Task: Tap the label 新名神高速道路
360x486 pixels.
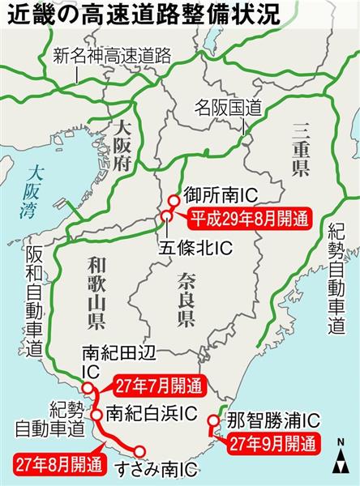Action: point(111,56)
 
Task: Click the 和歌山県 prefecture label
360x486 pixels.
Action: point(96,296)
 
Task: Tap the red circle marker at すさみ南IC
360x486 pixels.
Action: point(140,452)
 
